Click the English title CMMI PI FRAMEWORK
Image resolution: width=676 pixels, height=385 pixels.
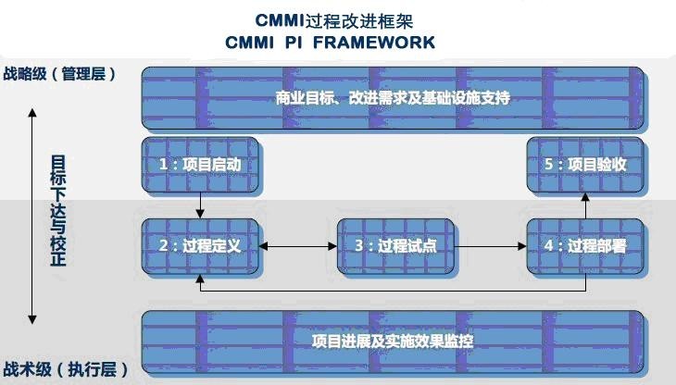point(330,43)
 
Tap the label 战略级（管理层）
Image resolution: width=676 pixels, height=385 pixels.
point(60,74)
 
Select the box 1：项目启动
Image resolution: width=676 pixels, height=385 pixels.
point(200,164)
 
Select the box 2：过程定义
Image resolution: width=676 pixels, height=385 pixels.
point(200,246)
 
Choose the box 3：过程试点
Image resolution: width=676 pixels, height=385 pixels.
point(395,246)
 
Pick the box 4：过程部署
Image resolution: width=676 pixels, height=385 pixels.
point(584,246)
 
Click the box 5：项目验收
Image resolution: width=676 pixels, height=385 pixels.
point(584,164)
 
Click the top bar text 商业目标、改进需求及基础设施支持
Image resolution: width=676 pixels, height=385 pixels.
point(394,97)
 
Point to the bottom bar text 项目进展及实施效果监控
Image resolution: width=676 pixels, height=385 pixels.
point(394,341)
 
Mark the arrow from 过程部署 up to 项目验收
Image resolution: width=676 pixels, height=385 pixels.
point(585,204)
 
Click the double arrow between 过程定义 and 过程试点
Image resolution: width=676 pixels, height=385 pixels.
point(298,247)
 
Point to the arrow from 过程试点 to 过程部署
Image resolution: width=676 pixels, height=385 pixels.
point(490,247)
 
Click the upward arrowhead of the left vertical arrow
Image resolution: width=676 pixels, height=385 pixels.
point(32,114)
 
